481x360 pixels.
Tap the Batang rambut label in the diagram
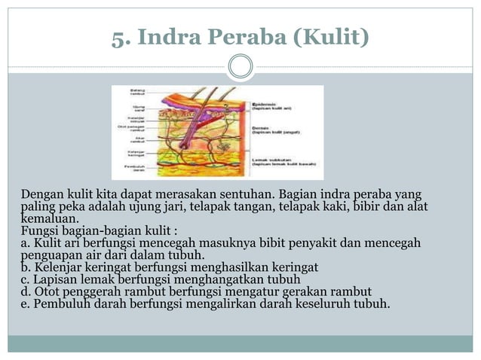[137, 92]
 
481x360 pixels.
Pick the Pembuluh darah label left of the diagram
[136, 167]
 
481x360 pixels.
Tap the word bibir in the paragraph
[363, 206]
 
